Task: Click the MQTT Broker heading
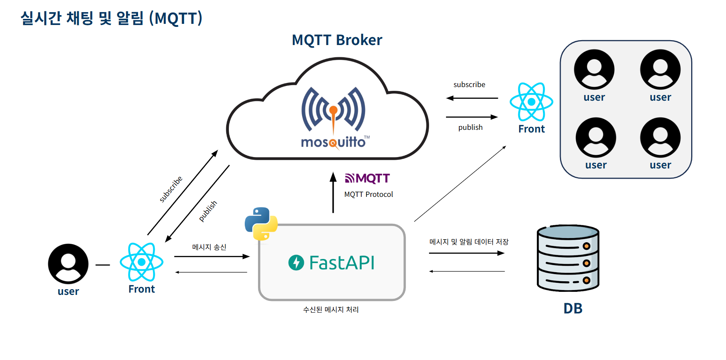coord(337,40)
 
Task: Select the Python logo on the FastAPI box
coord(261,224)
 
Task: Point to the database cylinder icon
coord(568,258)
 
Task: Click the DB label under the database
coord(573,309)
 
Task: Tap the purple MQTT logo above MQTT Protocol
coord(367,178)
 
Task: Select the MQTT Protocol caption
coord(368,195)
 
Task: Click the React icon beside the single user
coord(141,262)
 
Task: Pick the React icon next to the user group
coord(531,102)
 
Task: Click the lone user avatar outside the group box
coord(68,264)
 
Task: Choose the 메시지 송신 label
coord(209,247)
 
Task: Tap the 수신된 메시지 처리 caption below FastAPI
coord(331,310)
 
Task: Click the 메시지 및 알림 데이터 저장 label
coord(469,242)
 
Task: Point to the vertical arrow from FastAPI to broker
coord(333,193)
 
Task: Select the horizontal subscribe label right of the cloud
coord(469,85)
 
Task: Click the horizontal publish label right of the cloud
coord(470,128)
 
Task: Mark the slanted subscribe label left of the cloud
coord(171,189)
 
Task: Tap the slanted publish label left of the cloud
coord(208,211)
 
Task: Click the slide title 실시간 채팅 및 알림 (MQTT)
coord(112,18)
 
